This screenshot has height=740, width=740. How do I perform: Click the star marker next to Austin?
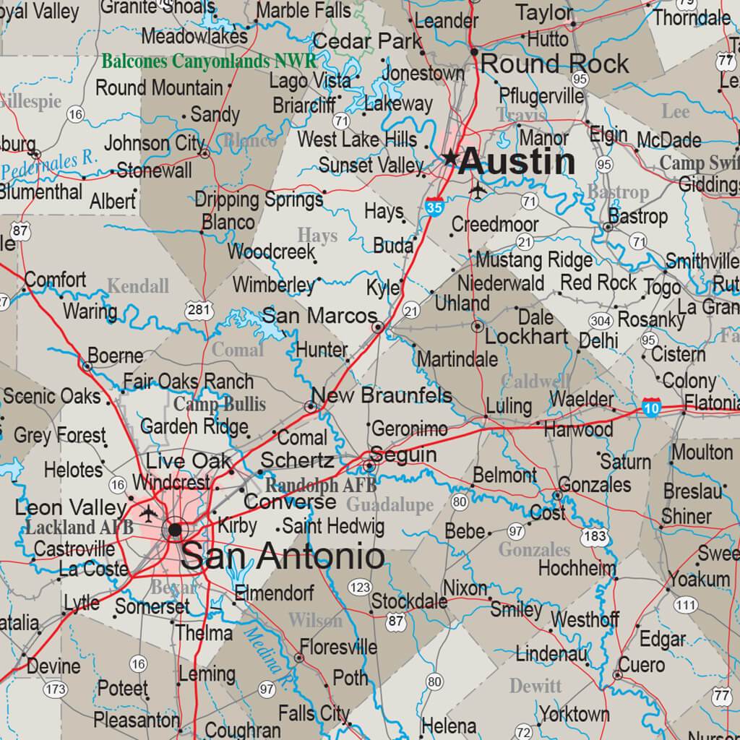(x=451, y=157)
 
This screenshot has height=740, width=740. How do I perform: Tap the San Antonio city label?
(x=283, y=556)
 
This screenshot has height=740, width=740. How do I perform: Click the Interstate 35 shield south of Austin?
(x=434, y=207)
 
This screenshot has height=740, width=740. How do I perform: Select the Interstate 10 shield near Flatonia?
(x=651, y=408)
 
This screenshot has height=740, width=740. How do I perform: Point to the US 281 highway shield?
(x=199, y=311)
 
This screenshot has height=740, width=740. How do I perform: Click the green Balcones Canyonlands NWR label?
(x=209, y=61)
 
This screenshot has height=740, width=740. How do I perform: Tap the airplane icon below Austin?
(x=478, y=190)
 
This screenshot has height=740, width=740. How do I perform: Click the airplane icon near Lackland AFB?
(x=149, y=513)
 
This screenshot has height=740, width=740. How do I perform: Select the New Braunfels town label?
(x=381, y=395)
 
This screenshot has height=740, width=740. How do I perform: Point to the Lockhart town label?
(x=527, y=337)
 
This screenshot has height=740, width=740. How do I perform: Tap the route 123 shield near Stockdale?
(x=360, y=587)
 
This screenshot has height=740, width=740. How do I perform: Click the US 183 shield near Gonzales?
(x=593, y=536)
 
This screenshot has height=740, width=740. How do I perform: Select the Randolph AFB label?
(x=311, y=485)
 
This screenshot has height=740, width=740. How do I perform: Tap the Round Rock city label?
(x=554, y=64)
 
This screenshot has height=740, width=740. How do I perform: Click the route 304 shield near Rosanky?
(x=601, y=321)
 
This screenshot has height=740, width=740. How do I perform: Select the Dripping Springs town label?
(x=259, y=199)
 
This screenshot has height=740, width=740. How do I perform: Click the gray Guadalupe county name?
(x=390, y=504)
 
